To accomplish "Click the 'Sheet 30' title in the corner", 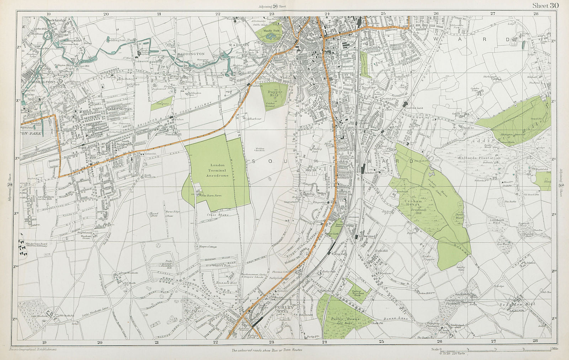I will [x=546, y=5].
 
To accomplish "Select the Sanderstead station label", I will [x=368, y=236].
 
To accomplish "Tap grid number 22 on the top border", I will [x=217, y=14].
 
